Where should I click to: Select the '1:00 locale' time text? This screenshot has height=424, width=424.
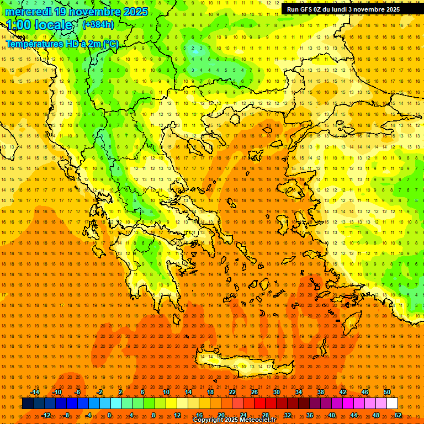tap(40, 25)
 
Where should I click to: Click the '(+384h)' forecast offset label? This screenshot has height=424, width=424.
tap(98, 25)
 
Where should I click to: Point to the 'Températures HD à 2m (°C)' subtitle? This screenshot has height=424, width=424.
tap(62, 44)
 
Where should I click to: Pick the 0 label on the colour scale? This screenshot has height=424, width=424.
tap(109, 415)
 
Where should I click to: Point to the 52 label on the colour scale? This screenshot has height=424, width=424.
tap(398, 415)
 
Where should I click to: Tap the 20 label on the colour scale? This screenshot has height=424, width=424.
tap(221, 415)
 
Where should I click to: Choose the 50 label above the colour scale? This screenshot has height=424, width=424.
tap(387, 392)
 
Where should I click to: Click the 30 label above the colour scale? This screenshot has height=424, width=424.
tap(276, 392)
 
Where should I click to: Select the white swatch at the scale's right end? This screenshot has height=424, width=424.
tap(393, 404)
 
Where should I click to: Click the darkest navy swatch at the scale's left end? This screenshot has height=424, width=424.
tap(28, 404)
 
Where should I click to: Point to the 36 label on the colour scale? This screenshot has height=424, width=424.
tap(310, 415)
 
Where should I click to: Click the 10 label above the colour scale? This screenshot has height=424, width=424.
tap(166, 392)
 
